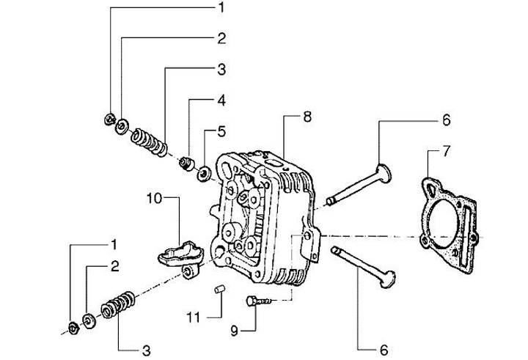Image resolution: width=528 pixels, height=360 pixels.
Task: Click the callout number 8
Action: [307, 117]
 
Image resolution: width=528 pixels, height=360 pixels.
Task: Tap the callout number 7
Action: [446, 151]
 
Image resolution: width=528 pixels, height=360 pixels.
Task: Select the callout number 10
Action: [154, 199]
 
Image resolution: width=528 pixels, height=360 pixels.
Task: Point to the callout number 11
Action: [194, 317]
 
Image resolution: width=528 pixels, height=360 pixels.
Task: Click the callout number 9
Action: [235, 331]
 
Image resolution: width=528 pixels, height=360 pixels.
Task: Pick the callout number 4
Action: [221, 100]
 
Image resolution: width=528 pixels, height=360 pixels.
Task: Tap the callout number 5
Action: [221, 131]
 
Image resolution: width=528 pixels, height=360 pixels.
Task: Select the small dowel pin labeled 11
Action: [219, 289]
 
